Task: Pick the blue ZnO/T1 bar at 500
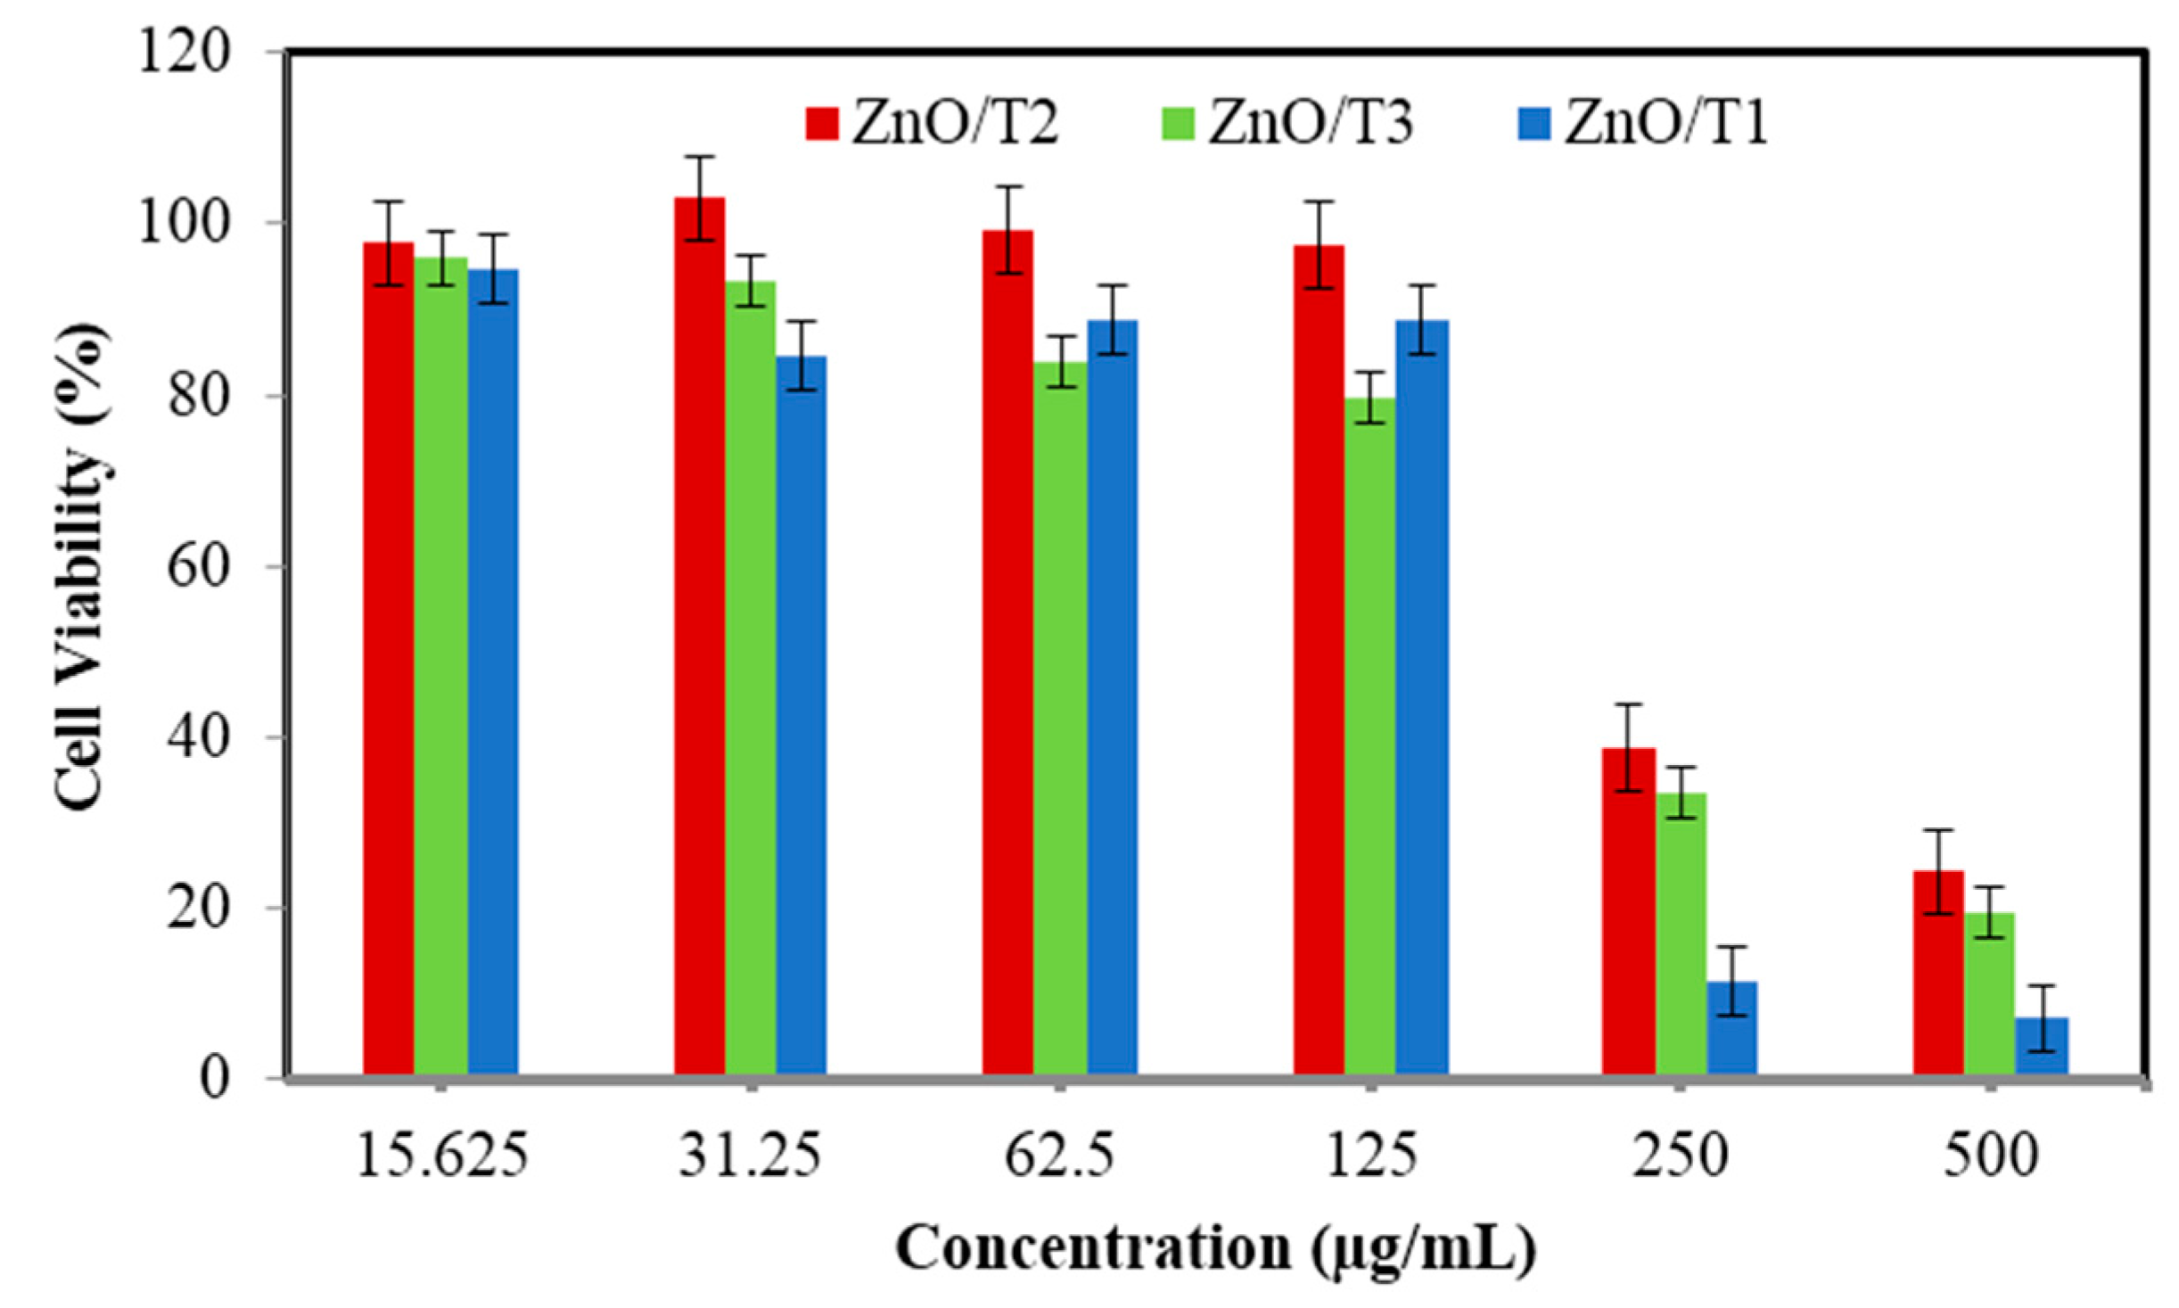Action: [x=2043, y=1048]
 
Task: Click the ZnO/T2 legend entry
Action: [x=933, y=123]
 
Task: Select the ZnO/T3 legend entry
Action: [x=1288, y=123]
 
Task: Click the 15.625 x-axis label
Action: [x=441, y=1156]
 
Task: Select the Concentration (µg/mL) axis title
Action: [x=1216, y=1248]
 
